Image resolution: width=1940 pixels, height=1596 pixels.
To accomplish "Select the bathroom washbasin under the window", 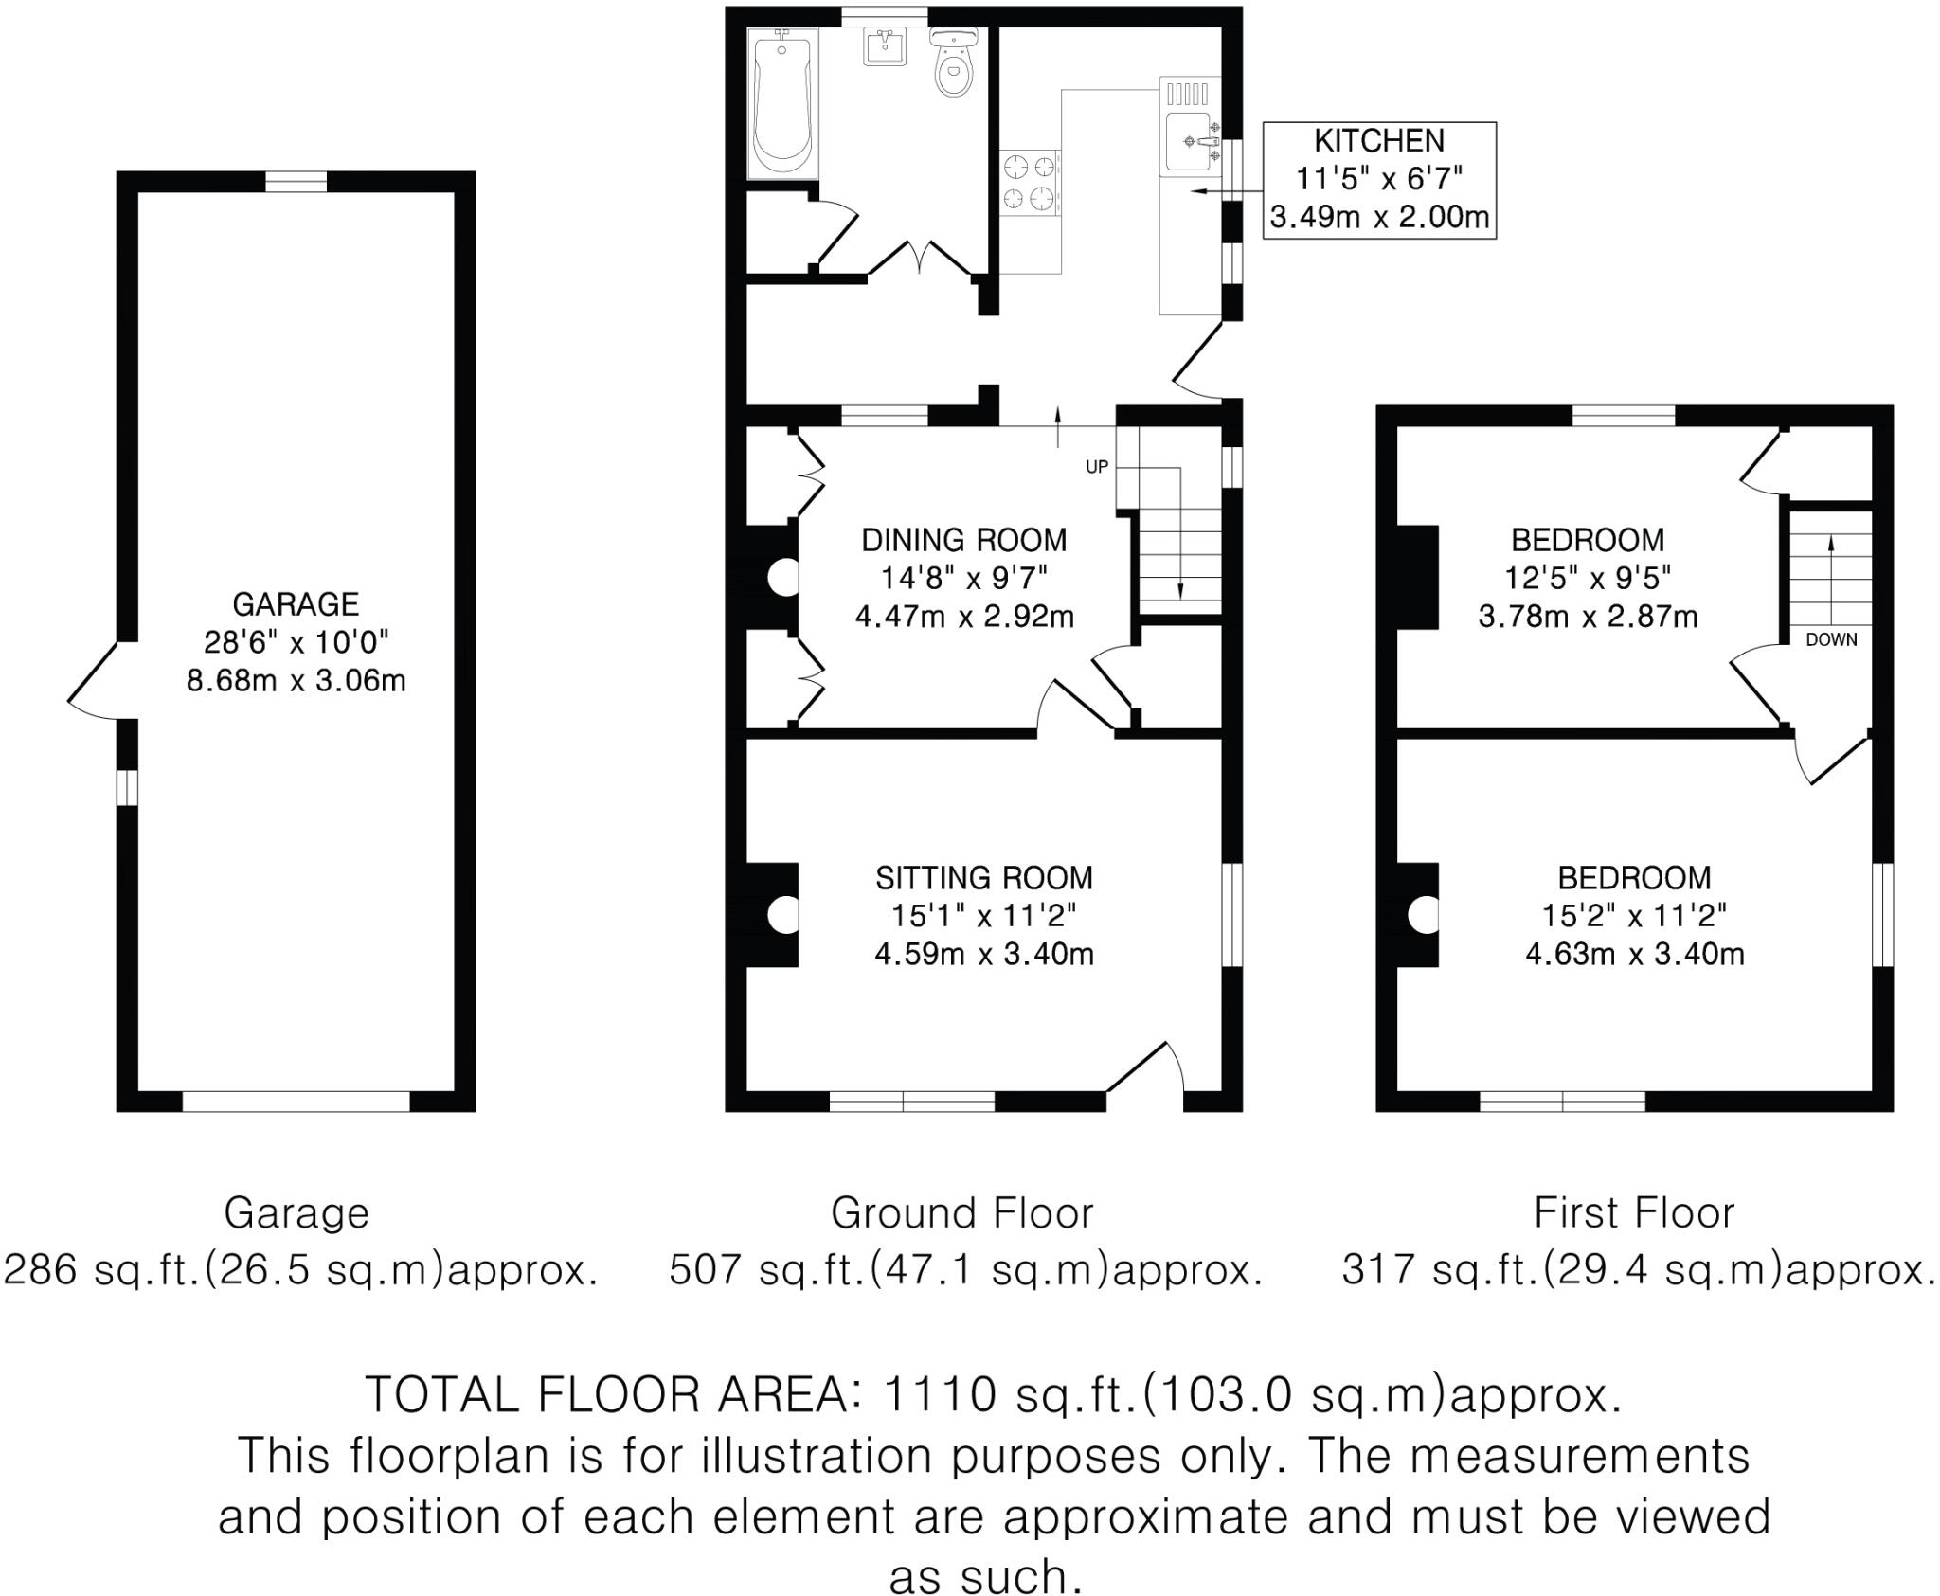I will [x=887, y=46].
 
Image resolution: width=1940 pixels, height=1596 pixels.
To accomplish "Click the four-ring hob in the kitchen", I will [x=1029, y=184].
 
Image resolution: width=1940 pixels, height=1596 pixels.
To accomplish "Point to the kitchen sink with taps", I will [x=1188, y=142].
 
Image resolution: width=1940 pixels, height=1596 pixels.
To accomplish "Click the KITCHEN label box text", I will [x=1379, y=141].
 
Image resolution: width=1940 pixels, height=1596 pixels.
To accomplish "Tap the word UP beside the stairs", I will [x=1097, y=467].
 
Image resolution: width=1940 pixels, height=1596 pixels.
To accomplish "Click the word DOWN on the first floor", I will [x=1831, y=639].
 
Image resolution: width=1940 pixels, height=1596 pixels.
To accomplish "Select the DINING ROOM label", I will [x=964, y=540].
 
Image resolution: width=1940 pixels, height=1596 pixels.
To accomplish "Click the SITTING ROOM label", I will [x=984, y=878].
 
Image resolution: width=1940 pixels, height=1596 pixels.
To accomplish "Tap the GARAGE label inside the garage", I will [x=296, y=603].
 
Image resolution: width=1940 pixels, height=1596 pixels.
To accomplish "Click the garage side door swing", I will [x=95, y=681].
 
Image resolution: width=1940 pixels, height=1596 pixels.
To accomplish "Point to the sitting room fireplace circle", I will [x=784, y=915].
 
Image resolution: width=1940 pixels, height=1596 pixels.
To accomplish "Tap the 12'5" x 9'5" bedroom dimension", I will [x=1588, y=578].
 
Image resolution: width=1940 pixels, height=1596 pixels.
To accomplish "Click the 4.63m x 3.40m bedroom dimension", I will [x=1635, y=953].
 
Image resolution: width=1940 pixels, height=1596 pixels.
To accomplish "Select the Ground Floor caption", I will [x=961, y=1213].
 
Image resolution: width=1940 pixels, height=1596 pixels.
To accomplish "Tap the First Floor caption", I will [x=1634, y=1213].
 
